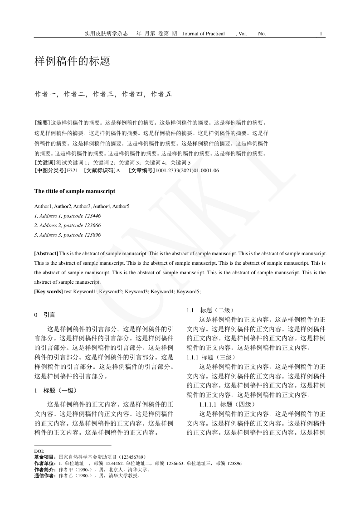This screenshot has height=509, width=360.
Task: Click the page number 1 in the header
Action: (321, 34)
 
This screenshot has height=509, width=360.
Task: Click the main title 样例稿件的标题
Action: (72, 62)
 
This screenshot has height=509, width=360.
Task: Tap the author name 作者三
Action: (103, 94)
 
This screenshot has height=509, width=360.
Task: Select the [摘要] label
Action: (42, 122)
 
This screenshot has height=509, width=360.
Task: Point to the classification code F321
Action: (73, 170)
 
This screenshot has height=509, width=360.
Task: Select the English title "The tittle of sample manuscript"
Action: (74, 191)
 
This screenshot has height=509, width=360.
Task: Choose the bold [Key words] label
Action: (49, 291)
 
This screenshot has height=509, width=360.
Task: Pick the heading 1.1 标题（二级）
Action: (210, 310)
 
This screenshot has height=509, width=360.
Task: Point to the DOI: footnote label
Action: (39, 451)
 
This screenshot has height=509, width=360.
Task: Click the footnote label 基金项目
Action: (45, 457)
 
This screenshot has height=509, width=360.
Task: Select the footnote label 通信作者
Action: (45, 476)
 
